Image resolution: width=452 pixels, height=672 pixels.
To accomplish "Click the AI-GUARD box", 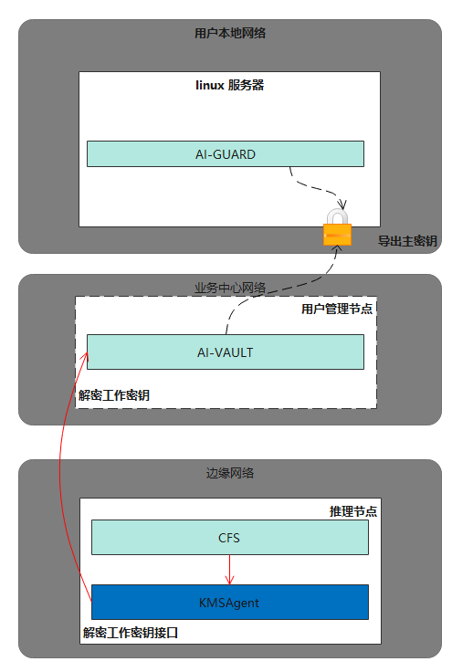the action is [226, 154].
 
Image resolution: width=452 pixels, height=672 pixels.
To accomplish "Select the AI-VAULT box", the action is [226, 352].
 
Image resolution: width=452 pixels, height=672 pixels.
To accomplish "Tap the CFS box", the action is [229, 538].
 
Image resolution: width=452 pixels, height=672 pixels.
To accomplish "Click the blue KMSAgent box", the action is [229, 602].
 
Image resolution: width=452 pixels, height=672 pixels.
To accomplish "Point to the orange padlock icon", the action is [337, 227].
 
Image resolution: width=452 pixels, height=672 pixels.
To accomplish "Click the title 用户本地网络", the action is [230, 33].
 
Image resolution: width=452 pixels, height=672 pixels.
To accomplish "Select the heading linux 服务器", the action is [229, 85].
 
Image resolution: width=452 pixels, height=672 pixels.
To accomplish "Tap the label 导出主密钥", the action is [407, 241].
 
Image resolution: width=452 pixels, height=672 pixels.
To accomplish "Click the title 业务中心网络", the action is [230, 288].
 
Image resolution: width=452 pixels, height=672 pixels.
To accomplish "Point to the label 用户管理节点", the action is [337, 309].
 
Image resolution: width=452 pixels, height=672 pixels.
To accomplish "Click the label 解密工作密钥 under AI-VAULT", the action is [114, 394].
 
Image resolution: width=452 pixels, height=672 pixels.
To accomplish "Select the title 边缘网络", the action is [230, 473].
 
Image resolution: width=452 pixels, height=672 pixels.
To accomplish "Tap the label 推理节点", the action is [353, 511].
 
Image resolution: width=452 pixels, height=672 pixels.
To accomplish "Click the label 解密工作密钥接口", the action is [131, 633].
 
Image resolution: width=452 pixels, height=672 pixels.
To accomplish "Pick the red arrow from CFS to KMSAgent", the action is [229, 570].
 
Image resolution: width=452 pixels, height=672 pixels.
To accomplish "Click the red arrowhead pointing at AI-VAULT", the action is [84, 358].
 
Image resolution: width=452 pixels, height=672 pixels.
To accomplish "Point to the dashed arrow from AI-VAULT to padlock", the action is [274, 290].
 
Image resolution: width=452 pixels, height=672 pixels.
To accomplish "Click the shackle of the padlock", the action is [337, 215].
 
